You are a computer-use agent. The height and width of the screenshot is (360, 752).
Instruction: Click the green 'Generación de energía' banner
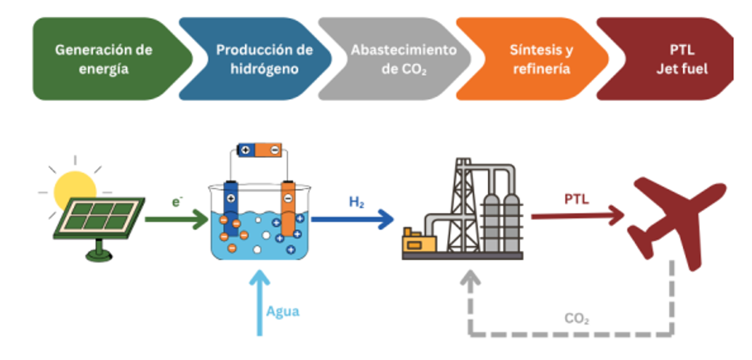click(x=104, y=59)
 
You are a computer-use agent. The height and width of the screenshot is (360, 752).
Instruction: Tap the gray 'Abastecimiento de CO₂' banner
click(x=399, y=59)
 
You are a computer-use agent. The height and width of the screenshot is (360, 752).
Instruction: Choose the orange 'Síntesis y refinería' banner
click(x=538, y=59)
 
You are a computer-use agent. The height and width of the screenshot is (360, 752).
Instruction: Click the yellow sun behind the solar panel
click(x=75, y=188)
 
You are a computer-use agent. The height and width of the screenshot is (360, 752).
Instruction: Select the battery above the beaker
click(x=260, y=150)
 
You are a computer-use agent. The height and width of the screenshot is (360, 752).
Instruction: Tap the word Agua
click(x=282, y=311)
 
